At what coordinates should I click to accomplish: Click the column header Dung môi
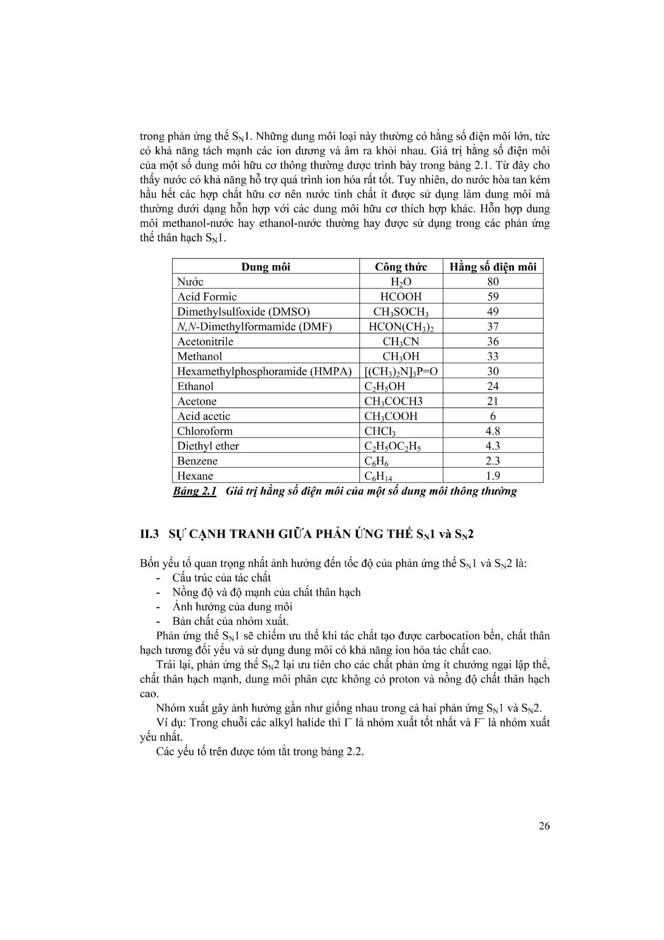[266, 267]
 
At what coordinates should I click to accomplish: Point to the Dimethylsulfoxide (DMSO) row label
[243, 312]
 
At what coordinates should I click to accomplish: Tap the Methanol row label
[199, 356]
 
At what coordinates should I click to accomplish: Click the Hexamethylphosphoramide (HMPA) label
[264, 371]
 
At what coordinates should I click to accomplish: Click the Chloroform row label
[205, 431]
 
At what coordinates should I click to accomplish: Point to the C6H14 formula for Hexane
[378, 476]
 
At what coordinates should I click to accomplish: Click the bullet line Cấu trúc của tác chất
[221, 578]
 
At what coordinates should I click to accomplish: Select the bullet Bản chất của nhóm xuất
[230, 621]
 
